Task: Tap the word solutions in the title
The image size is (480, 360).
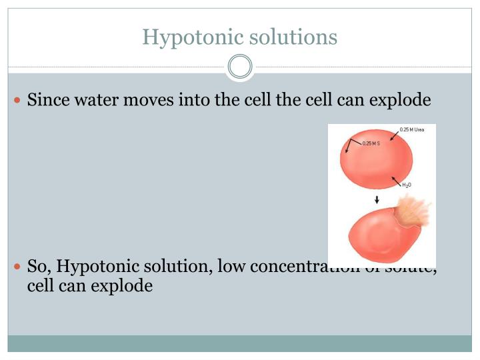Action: (x=293, y=37)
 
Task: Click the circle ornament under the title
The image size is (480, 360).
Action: (x=240, y=67)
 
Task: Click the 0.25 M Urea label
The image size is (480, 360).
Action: (x=412, y=129)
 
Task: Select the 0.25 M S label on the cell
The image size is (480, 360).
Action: (x=371, y=143)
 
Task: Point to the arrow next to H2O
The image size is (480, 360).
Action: (x=395, y=181)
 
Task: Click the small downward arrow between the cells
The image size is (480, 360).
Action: (x=377, y=199)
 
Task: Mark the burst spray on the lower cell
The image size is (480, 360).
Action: (x=413, y=213)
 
